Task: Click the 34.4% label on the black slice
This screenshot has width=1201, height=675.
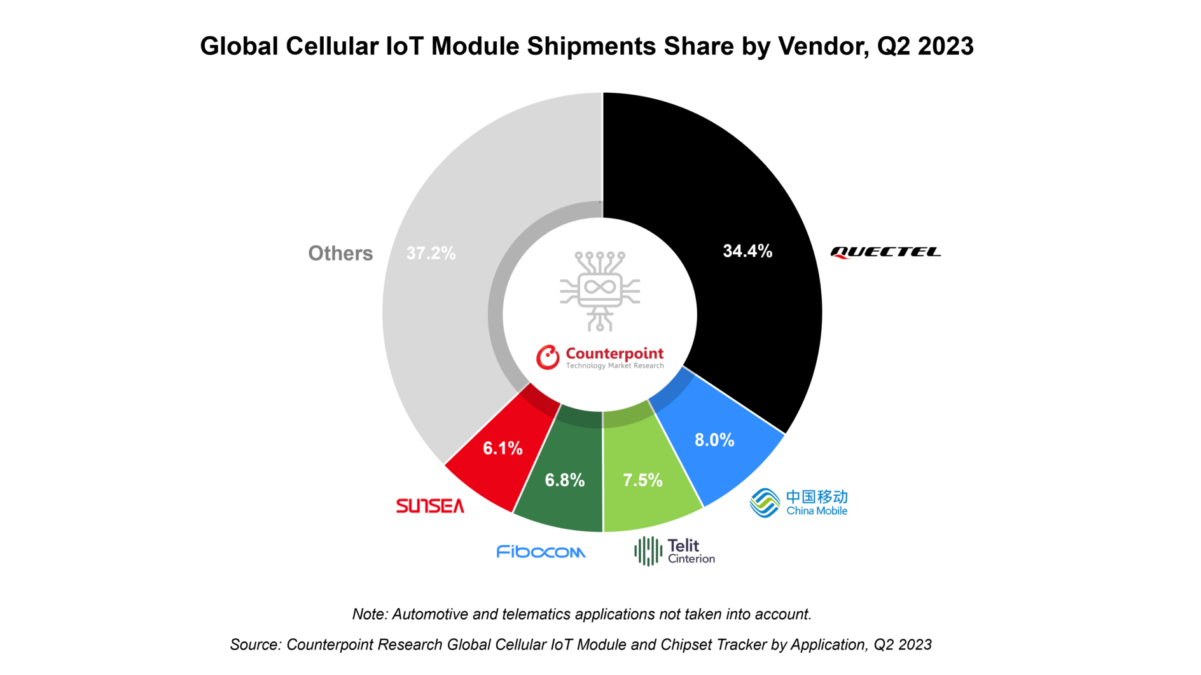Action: (x=747, y=251)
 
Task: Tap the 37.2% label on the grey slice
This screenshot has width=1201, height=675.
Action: (x=431, y=254)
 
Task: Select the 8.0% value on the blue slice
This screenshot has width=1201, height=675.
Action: (x=714, y=440)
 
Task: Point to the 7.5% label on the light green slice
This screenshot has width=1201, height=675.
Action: (x=642, y=480)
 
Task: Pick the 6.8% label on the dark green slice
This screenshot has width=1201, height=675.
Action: (x=564, y=480)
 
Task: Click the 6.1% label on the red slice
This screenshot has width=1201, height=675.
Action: (x=503, y=448)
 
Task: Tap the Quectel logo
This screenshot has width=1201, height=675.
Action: (x=885, y=252)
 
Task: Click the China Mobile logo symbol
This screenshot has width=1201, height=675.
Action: (x=765, y=503)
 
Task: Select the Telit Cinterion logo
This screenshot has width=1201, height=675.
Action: (x=674, y=551)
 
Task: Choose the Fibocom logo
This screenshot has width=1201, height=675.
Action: (x=541, y=552)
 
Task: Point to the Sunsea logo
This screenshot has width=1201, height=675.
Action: (x=430, y=506)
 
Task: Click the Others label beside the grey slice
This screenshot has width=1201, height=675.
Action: (x=340, y=254)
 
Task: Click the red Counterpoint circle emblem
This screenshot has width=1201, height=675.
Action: (x=547, y=357)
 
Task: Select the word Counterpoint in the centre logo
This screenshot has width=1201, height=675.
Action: (x=614, y=353)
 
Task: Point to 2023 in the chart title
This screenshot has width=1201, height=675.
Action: (x=945, y=46)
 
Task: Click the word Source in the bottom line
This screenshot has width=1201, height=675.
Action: (x=254, y=644)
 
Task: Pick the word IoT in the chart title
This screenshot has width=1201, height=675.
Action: (x=405, y=46)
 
